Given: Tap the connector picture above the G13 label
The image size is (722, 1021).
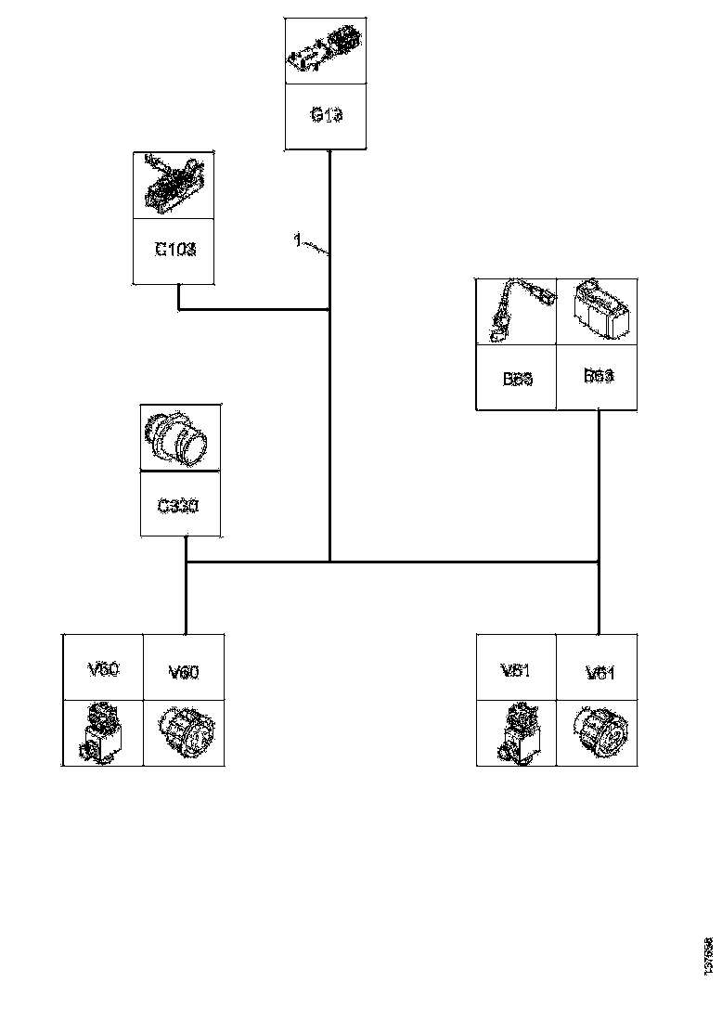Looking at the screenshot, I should point(325,51).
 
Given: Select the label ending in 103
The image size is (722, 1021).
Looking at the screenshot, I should point(175,250).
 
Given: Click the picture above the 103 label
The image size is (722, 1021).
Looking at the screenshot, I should point(175,184).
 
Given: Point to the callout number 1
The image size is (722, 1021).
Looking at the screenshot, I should point(297,241).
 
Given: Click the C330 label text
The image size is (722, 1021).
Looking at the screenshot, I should point(181,506).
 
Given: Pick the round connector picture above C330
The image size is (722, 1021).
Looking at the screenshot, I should point(181,438).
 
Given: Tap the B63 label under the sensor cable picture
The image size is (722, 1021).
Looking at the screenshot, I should point(516,378).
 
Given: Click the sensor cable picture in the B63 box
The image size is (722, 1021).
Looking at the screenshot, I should point(516,312).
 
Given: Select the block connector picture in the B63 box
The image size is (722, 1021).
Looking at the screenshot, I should point(597,312).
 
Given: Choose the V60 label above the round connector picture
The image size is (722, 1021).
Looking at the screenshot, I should point(184,671).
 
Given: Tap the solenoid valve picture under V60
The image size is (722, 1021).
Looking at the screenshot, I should point(103,732).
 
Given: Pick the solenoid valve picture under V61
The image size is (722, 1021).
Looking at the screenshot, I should point(516,732).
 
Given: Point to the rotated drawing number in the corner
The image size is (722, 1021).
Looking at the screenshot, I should point(708,956).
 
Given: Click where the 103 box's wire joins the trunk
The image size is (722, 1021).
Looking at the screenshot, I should point(329,309).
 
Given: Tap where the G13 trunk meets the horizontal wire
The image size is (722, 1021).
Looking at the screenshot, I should point(329,562).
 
